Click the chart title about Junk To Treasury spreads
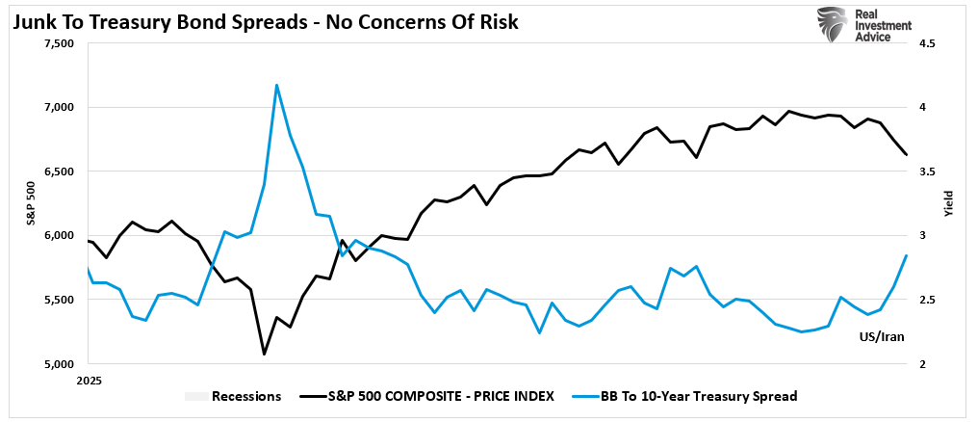pos(266,21)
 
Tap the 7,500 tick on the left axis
pos(60,43)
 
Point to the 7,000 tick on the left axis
pos(60,107)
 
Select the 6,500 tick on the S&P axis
pos(60,171)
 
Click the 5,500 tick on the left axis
pos(60,300)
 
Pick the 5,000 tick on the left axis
pos(60,364)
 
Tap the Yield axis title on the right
pos(948,203)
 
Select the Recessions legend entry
pos(235,396)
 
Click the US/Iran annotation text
pos(881,337)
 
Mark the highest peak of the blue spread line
pos(277,85)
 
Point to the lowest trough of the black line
pos(264,354)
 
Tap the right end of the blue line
pos(906,255)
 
